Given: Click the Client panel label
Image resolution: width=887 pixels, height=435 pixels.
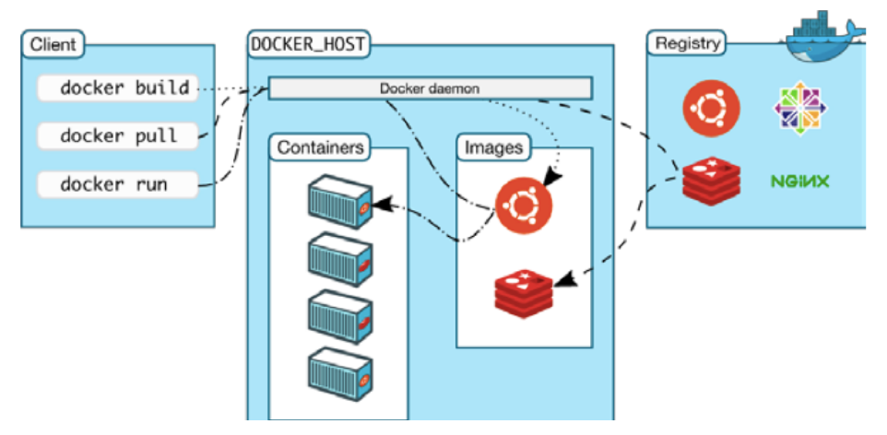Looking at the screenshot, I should point(53,43).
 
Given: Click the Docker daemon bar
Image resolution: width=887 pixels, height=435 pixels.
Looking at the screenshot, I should point(430,88).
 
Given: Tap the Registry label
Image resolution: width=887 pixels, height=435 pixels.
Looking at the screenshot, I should point(687,43).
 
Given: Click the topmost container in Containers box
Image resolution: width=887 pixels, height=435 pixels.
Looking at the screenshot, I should point(339,198).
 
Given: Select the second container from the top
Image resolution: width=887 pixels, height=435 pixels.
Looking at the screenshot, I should point(339,257).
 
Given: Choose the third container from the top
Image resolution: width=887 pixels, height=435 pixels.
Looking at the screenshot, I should point(339,315).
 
